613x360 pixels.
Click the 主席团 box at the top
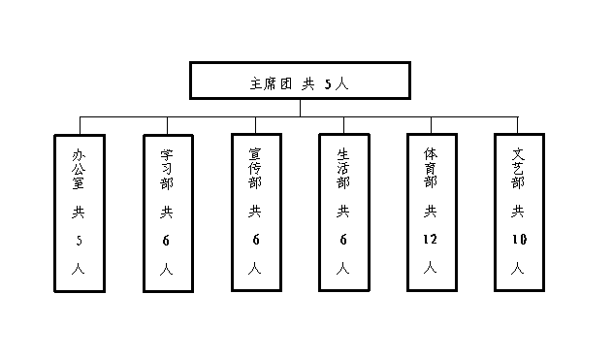(x=299, y=81)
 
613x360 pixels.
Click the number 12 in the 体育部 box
(x=431, y=239)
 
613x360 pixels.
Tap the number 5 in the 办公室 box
(x=80, y=239)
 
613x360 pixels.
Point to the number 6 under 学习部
(x=168, y=239)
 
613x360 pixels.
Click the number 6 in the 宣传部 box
(x=255, y=239)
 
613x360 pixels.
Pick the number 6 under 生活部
(x=342, y=239)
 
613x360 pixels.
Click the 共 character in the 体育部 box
(x=431, y=211)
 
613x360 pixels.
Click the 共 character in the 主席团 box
(x=307, y=83)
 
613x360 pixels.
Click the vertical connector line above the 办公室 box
(x=80, y=124)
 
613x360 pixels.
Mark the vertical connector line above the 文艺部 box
(x=519, y=124)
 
